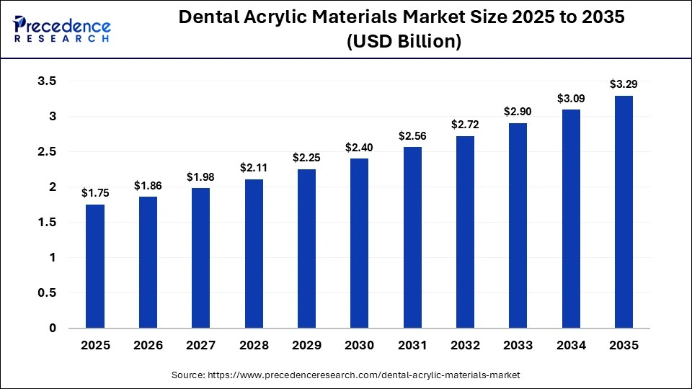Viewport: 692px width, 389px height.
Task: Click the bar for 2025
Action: pyautogui.click(x=95, y=267)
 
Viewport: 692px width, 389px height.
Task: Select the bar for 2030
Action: pyautogui.click(x=359, y=243)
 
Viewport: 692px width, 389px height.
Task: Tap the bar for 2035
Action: pyautogui.click(x=624, y=212)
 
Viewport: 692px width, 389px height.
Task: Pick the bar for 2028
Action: pyautogui.click(x=254, y=254)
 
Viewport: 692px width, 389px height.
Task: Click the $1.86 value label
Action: pyautogui.click(x=148, y=186)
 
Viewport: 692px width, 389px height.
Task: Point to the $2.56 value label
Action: pyautogui.click(x=412, y=136)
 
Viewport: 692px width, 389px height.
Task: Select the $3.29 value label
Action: pyautogui.click(x=624, y=84)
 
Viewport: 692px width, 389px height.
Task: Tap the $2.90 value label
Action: pyautogui.click(x=518, y=112)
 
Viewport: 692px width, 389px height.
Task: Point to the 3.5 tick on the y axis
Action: pyautogui.click(x=47, y=81)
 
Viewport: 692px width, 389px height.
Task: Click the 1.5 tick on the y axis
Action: pyautogui.click(x=47, y=223)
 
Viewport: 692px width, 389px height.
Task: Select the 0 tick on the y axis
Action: pyautogui.click(x=52, y=328)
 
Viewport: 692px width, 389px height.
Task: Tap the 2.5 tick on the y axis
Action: pyautogui.click(x=47, y=152)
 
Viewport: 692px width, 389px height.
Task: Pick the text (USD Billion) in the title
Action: pyautogui.click(x=403, y=42)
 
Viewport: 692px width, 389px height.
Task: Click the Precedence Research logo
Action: pyautogui.click(x=62, y=27)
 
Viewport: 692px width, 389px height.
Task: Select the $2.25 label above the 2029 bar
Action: pyautogui.click(x=306, y=158)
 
